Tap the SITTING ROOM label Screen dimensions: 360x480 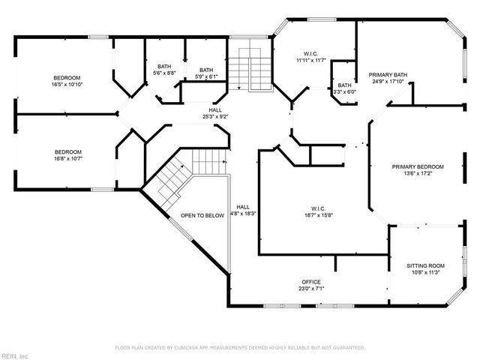(x=425, y=265)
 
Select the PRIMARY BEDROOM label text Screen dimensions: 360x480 (x=418, y=166)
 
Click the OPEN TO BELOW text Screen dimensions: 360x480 (x=202, y=215)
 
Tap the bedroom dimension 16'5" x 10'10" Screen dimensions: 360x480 (x=67, y=85)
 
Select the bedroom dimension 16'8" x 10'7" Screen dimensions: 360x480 (x=67, y=158)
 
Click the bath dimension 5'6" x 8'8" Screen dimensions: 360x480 (x=164, y=73)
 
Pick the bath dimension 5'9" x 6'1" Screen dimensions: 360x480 (x=205, y=76)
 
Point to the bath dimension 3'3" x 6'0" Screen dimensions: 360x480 (x=344, y=92)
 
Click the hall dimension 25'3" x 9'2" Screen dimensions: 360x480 (x=215, y=117)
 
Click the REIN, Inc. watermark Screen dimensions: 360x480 (x=14, y=355)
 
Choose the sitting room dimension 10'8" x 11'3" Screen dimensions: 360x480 (x=425, y=272)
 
